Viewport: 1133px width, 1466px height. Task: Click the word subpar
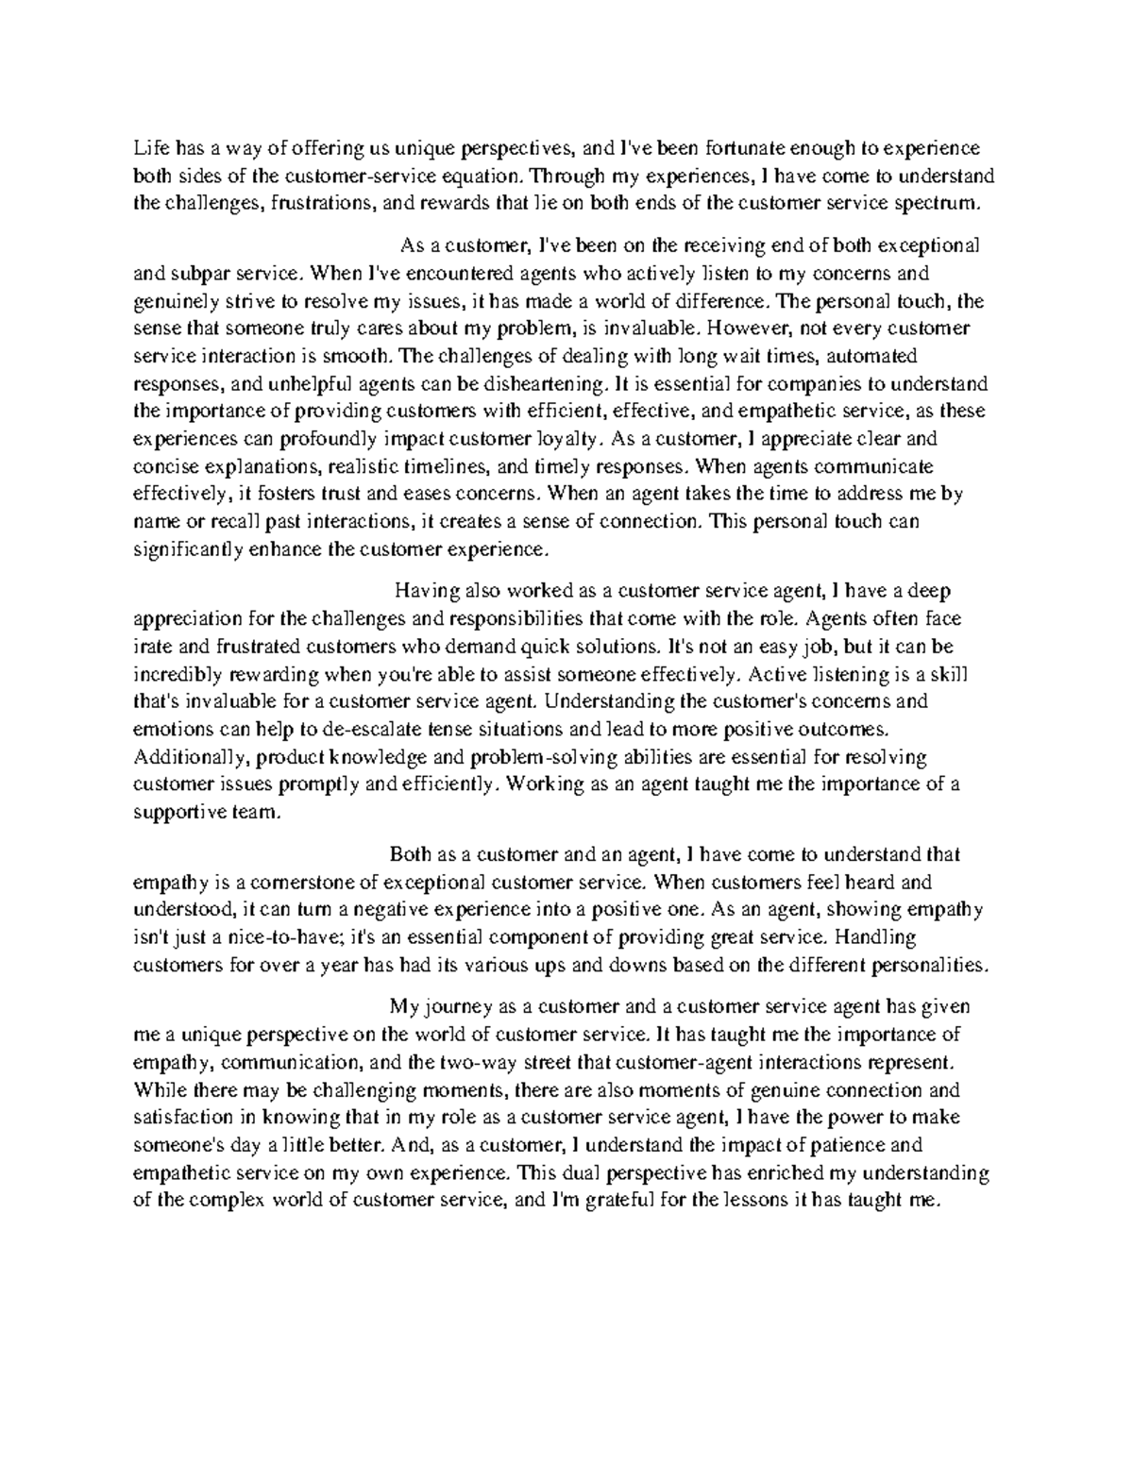[193, 274]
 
